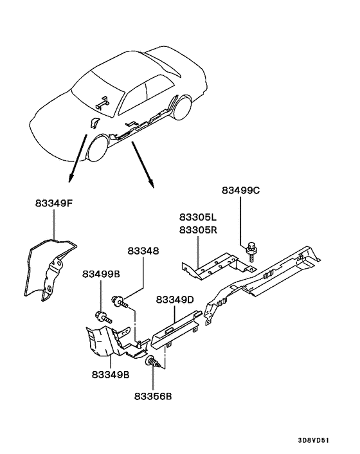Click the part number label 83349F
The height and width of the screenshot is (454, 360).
[x=54, y=204]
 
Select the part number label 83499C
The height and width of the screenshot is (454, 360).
[x=241, y=191]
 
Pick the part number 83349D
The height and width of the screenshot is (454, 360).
[x=175, y=300]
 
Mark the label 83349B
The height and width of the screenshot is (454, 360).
[x=111, y=373]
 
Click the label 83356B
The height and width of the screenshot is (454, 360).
[x=154, y=396]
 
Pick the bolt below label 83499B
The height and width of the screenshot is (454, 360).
[x=102, y=316]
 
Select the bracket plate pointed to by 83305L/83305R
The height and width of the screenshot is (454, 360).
[x=212, y=264]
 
